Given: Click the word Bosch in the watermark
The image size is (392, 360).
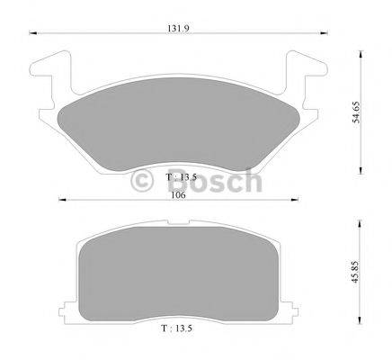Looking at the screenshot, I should click(x=213, y=182).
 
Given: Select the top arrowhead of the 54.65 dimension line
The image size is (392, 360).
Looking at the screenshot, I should click(x=360, y=55).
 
